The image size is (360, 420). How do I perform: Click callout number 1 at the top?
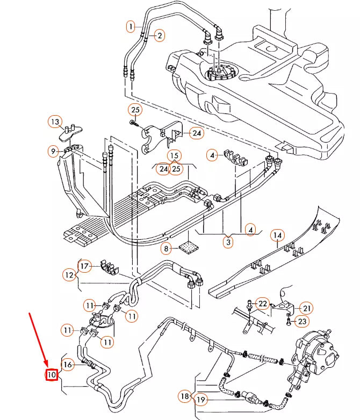click(x=131, y=25)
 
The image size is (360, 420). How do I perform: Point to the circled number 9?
click(x=53, y=152)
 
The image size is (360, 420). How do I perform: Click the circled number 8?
click(x=167, y=248)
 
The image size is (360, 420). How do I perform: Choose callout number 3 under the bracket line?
click(x=228, y=242)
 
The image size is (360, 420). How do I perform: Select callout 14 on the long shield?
click(x=277, y=235)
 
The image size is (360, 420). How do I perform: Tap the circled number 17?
click(x=84, y=266)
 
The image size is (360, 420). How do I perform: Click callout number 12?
click(x=69, y=275)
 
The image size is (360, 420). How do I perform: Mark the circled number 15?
click(x=174, y=156)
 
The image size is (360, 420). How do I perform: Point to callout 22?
click(x=262, y=304)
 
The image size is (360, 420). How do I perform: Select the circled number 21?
click(x=306, y=308)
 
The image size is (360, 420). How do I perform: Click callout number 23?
click(x=302, y=322)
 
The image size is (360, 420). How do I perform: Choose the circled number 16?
click(x=68, y=365)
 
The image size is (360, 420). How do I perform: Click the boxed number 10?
click(x=52, y=374)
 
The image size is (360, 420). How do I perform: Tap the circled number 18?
click(x=185, y=396)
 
